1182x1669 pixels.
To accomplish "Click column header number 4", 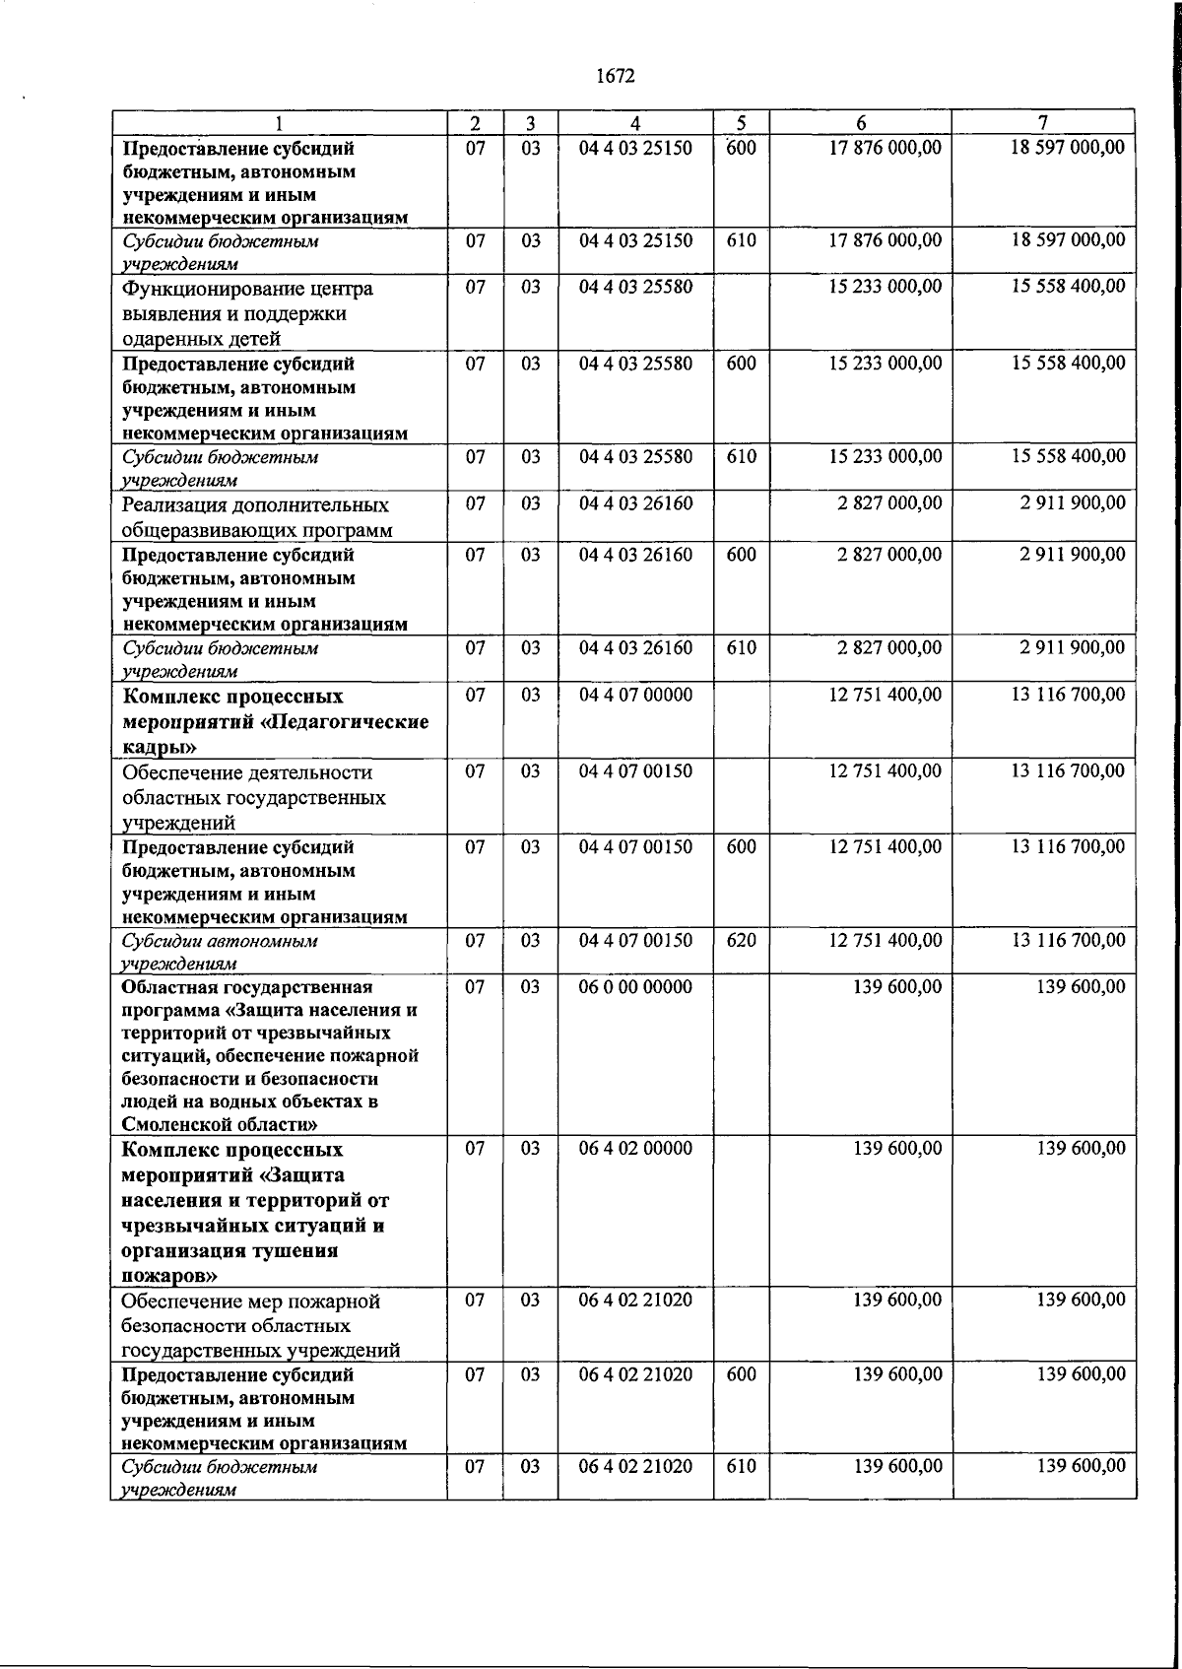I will point(635,123).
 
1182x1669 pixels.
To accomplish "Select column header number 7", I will point(1042,122).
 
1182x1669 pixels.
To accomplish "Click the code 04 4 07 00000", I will point(635,695).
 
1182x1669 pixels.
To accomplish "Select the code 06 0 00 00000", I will point(635,987).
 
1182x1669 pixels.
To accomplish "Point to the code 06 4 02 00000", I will point(635,1149).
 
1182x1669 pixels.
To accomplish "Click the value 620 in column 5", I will point(741,940).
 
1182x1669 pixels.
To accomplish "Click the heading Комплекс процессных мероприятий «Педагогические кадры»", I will point(275,721).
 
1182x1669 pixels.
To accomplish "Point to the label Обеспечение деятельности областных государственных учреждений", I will point(253,796).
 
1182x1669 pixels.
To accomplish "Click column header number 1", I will point(280,123).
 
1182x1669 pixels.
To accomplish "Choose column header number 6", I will point(861,123).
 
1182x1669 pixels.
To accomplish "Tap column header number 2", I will point(475,123).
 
